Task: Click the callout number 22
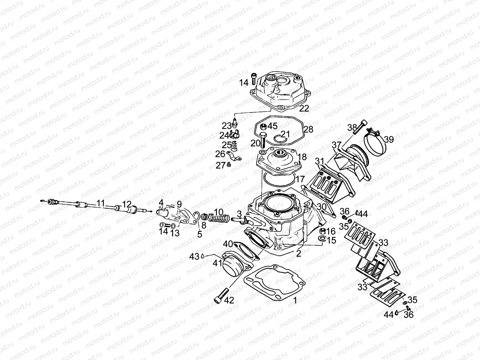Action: click(304, 109)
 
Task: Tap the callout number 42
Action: click(229, 301)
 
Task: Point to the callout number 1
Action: click(295, 300)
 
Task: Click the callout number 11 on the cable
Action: click(101, 204)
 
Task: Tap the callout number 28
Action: click(308, 129)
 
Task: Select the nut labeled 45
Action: click(264, 126)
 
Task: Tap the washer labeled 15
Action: click(322, 239)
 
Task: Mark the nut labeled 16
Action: click(322, 231)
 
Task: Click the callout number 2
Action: click(298, 253)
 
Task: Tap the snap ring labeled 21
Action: click(280, 138)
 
